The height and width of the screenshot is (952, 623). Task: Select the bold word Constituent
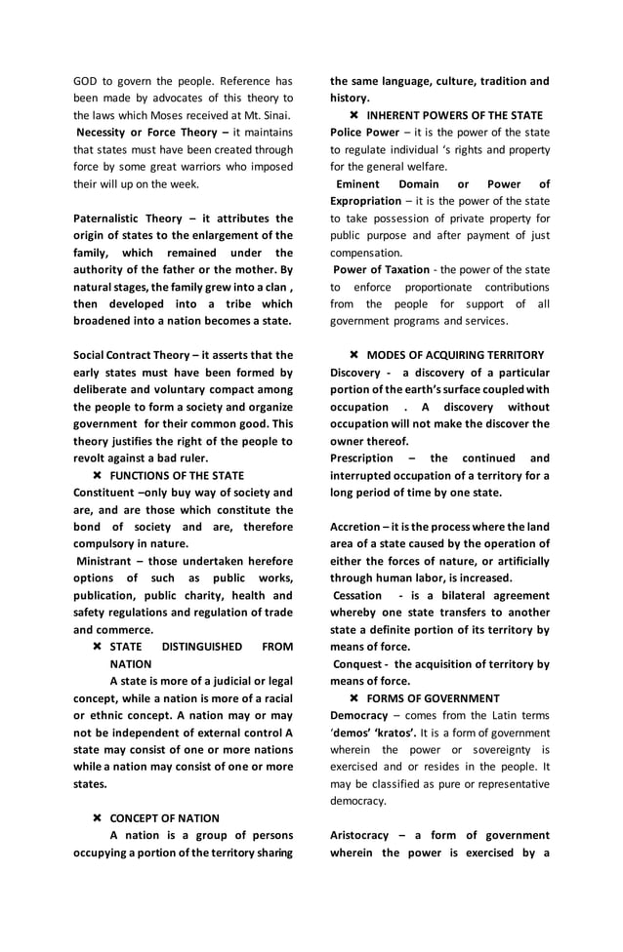click(105, 493)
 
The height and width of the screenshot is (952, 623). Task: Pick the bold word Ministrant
click(110, 561)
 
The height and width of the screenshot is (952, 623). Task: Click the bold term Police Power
click(364, 132)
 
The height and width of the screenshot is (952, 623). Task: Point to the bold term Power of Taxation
click(381, 269)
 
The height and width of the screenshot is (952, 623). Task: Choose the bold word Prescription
click(362, 457)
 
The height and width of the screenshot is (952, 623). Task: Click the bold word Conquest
click(360, 663)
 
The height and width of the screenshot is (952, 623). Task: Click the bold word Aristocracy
click(363, 835)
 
